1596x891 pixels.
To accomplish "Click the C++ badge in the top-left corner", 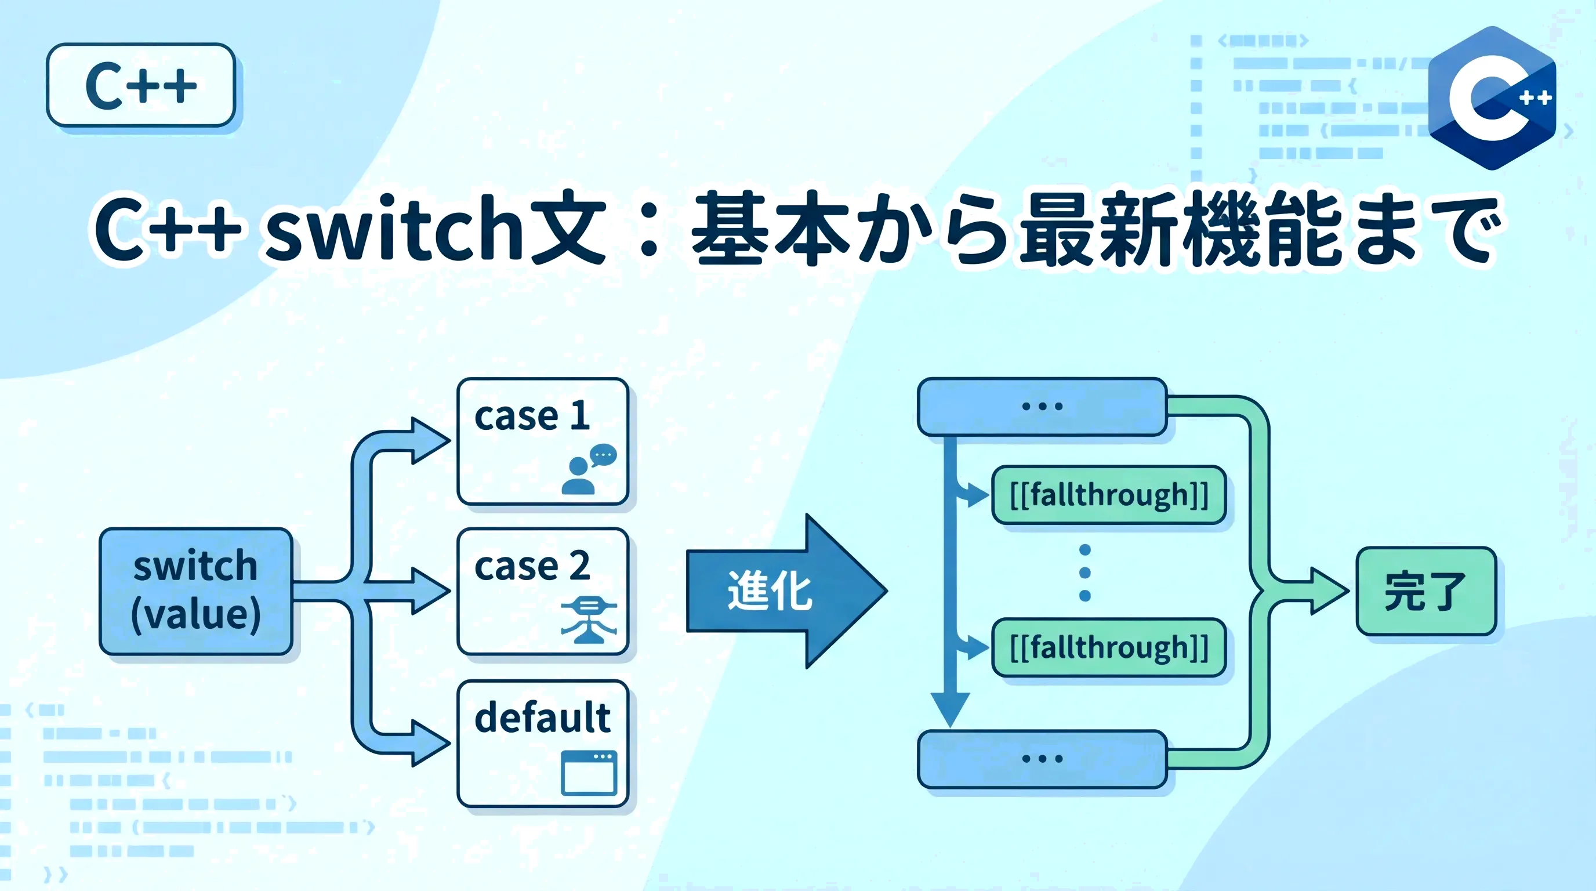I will [x=141, y=85].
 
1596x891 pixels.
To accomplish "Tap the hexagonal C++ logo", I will [x=1492, y=98].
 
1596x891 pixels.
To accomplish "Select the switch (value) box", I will [x=196, y=591].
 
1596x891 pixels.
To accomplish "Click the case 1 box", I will [x=543, y=441].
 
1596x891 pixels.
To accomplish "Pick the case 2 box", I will [x=543, y=591].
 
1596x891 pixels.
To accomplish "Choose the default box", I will [x=543, y=743].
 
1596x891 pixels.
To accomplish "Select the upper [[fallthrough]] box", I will [x=1108, y=495].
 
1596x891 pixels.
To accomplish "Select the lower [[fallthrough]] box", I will [x=1108, y=647].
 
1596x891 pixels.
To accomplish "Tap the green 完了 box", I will [x=1425, y=591].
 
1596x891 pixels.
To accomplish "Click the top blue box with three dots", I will [x=1042, y=407].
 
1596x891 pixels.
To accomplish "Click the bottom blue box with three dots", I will [x=1042, y=758].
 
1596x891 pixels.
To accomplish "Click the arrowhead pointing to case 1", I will [x=430, y=440].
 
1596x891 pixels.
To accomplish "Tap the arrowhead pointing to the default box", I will [x=430, y=743].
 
